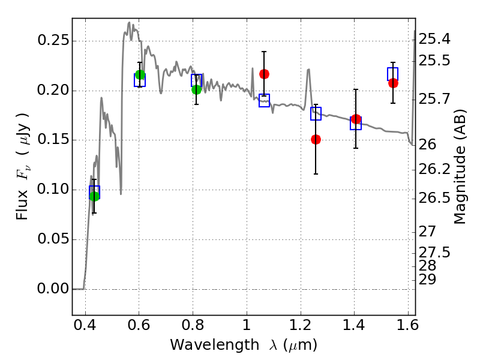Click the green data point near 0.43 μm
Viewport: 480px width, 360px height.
(x=94, y=196)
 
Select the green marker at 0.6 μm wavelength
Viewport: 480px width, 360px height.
(x=140, y=74)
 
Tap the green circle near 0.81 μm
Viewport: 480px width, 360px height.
(x=196, y=89)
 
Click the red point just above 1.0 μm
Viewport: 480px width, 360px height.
(x=264, y=74)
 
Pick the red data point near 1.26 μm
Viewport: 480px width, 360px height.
(x=316, y=139)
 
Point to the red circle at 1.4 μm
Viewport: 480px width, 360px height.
(x=356, y=119)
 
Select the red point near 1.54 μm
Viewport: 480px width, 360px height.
(x=393, y=83)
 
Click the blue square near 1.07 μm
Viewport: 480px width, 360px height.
(x=264, y=101)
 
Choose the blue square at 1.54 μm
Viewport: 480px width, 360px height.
(x=393, y=74)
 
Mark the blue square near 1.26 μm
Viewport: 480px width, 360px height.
(x=316, y=113)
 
